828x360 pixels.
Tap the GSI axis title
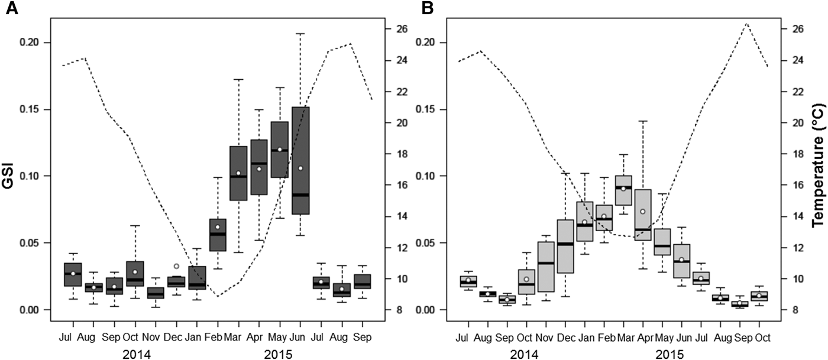pyautogui.click(x=16, y=176)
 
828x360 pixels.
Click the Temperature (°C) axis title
pyautogui.click(x=818, y=176)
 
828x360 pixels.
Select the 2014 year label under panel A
pyautogui.click(x=135, y=354)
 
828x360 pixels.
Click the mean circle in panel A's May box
pyautogui.click(x=280, y=150)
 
